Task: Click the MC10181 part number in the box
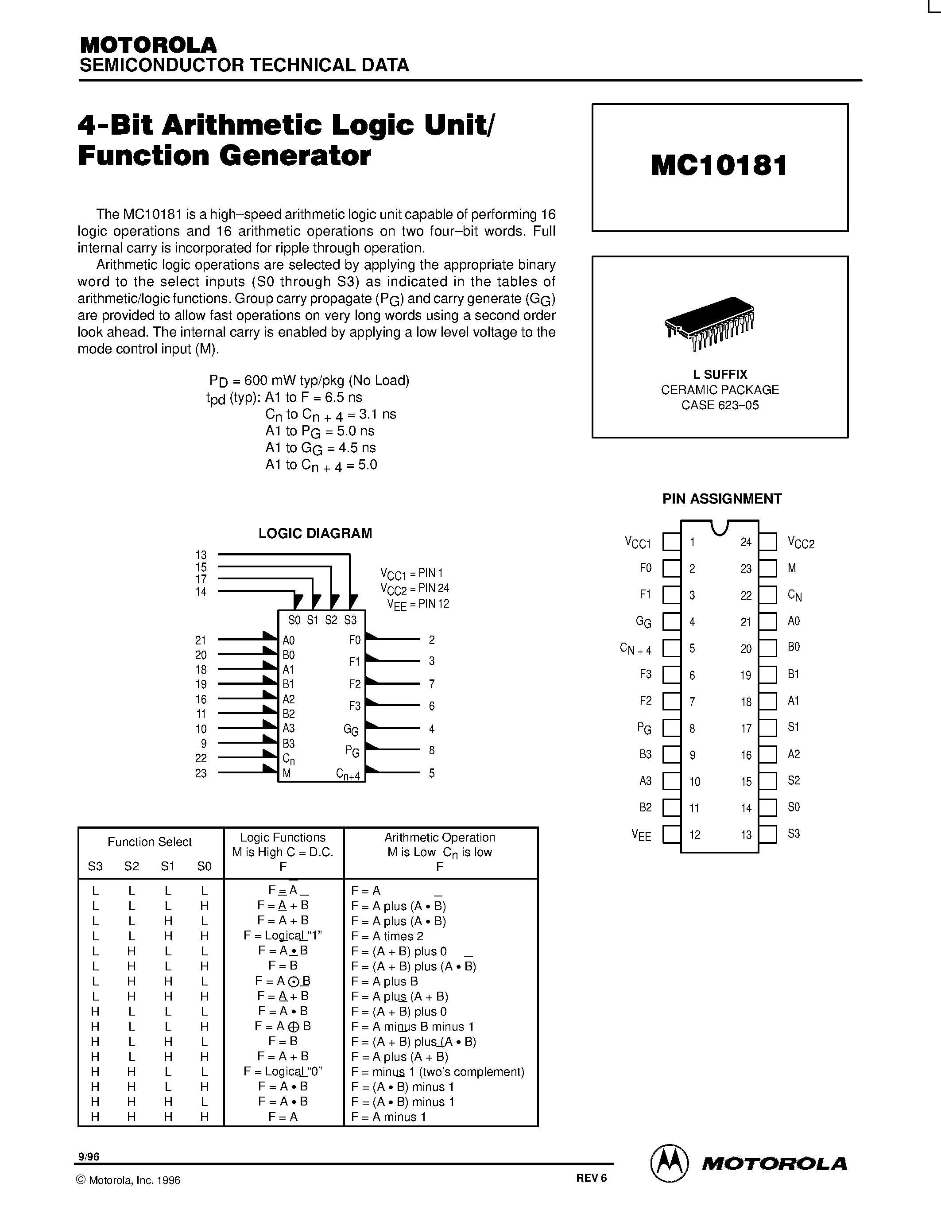(719, 166)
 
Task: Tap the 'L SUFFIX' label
(720, 374)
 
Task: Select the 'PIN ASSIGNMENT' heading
(721, 499)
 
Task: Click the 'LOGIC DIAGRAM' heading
(315, 533)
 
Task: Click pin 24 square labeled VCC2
(767, 542)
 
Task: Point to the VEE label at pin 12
(641, 835)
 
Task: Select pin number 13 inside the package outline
(746, 835)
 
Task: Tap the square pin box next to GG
(671, 621)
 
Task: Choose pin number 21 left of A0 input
(201, 640)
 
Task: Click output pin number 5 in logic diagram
(431, 773)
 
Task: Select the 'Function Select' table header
(149, 842)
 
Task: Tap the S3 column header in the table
(95, 866)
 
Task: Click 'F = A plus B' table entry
(384, 981)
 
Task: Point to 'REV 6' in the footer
(591, 1177)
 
